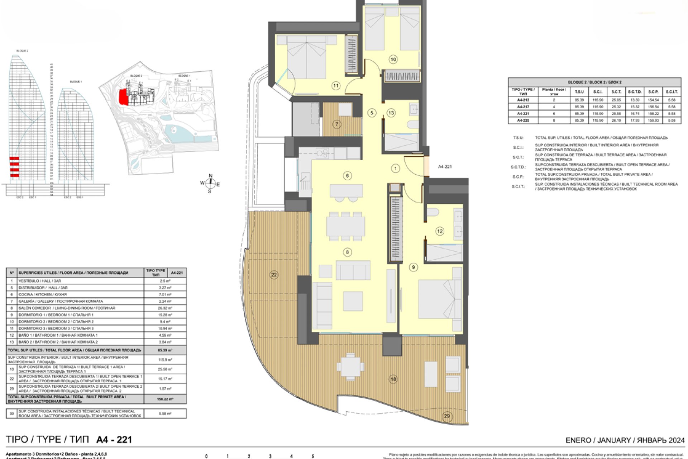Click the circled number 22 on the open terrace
tap(274, 275)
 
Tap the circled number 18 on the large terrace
tap(393, 379)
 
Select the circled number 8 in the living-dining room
tap(347, 252)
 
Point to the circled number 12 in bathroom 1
tap(440, 231)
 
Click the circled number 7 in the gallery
tap(336, 124)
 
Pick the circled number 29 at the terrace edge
tap(447, 416)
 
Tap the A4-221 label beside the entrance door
tap(445, 167)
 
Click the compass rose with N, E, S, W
tap(210, 183)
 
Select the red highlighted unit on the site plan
tap(123, 97)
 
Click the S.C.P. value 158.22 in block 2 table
tap(653, 114)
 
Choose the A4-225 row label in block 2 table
tap(523, 120)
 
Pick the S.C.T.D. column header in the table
tap(635, 92)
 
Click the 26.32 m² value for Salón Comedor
tap(165, 308)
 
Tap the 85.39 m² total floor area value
tap(165, 350)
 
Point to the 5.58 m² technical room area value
tap(165, 413)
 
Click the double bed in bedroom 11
tap(307, 57)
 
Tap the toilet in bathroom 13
tap(413, 124)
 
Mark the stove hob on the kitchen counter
tap(322, 153)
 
